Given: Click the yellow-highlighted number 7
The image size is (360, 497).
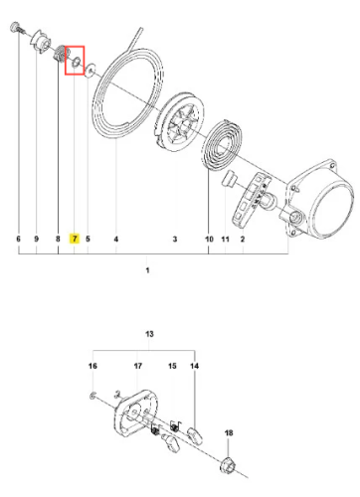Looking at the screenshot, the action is tap(75, 239).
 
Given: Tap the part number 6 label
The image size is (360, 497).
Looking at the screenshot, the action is tap(18, 239).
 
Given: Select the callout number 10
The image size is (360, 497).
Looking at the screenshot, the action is tap(209, 239).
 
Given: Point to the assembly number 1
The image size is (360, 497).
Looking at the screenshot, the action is tap(147, 270).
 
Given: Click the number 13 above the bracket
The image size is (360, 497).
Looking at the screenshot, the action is tap(149, 334).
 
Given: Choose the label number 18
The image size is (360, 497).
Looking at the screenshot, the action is tap(229, 432).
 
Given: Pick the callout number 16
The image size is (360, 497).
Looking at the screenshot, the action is tap(92, 366).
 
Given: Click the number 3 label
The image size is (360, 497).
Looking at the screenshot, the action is tap(175, 239).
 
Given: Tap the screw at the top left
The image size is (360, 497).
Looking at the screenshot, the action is tap(17, 28).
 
